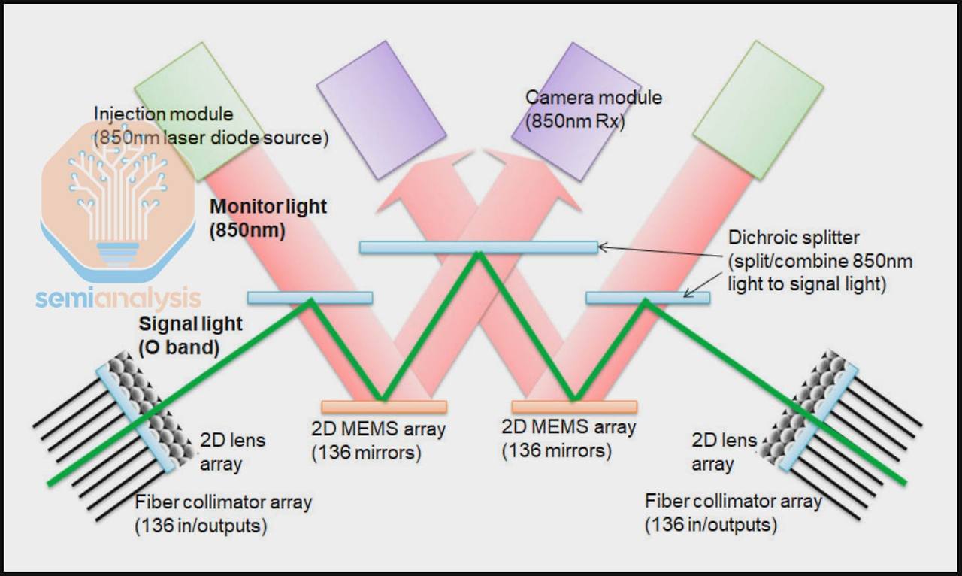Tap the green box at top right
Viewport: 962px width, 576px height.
[758, 110]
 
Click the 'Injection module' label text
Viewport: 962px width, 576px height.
[163, 114]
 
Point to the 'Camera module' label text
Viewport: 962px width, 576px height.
[594, 98]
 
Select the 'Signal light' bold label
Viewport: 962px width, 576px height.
[191, 324]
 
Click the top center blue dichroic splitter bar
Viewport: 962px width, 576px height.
[478, 247]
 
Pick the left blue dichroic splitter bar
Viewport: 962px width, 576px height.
[310, 298]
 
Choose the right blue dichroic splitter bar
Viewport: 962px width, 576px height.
[647, 298]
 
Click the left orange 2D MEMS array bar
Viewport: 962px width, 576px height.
[384, 407]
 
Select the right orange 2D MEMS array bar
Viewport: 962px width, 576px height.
[574, 407]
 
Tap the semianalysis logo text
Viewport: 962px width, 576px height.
[118, 299]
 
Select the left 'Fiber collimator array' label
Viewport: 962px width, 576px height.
[223, 502]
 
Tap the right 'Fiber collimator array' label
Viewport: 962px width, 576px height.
[734, 501]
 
